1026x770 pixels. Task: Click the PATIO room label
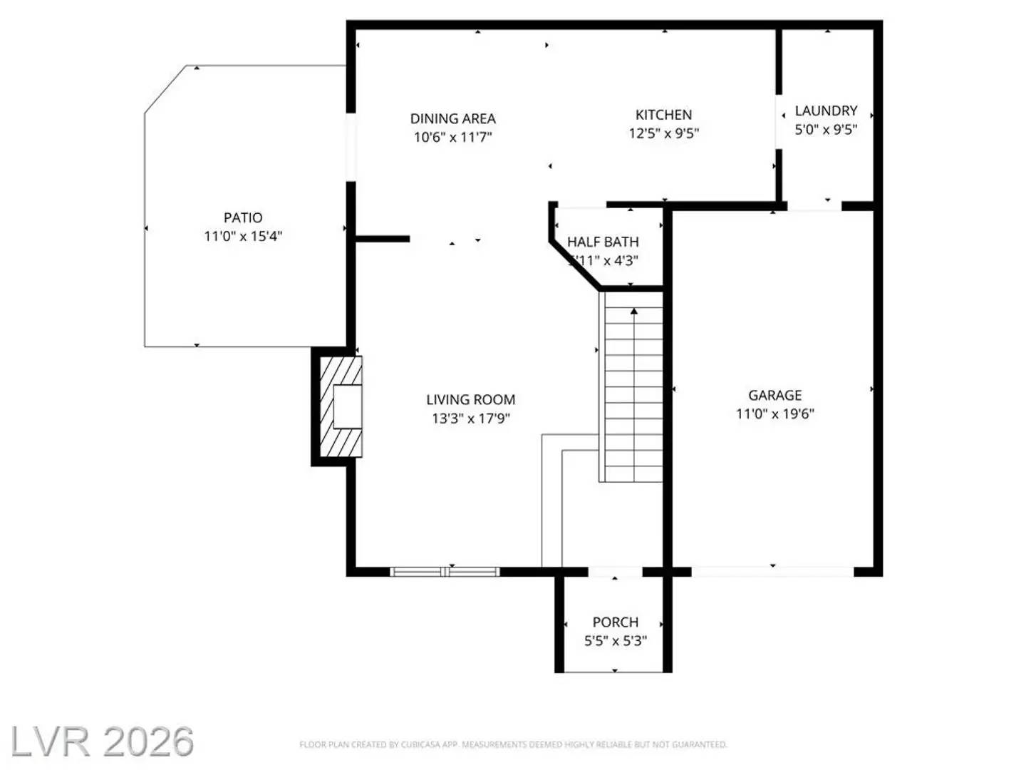point(243,217)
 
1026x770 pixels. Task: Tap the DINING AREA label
point(452,118)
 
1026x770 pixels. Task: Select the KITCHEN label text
point(663,114)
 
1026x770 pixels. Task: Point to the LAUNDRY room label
point(826,111)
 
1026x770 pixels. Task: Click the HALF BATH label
point(603,242)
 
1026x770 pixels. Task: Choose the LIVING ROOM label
point(470,399)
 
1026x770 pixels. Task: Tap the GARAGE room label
point(774,395)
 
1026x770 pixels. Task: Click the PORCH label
point(615,622)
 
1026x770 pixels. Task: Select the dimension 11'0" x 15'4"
point(243,236)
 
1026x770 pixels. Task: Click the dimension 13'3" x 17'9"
point(470,419)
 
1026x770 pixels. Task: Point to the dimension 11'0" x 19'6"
point(774,414)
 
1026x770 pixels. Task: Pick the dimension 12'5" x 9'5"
point(663,133)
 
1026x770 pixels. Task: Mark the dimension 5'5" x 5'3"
point(615,641)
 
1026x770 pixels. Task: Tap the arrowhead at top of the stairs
point(633,311)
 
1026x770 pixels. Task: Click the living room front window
point(445,571)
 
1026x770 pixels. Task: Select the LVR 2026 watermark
point(102,741)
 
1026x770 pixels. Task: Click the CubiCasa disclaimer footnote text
point(513,744)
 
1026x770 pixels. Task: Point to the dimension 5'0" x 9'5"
point(826,130)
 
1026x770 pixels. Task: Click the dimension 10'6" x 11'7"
point(452,137)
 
